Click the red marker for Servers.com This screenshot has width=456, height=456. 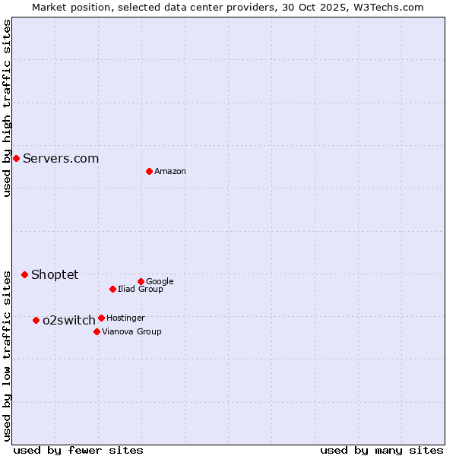16,158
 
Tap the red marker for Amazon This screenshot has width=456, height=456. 149,171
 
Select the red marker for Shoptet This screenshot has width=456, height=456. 24,274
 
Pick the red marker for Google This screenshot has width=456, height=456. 141,281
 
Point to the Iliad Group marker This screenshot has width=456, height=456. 112,289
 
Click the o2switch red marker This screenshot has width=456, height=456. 36,320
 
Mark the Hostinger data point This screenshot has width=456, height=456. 101,318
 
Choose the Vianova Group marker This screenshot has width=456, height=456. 97,331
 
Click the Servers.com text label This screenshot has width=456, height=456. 61,158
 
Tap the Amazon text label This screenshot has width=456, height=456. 170,172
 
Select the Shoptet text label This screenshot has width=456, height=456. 55,274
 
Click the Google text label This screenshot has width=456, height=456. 160,282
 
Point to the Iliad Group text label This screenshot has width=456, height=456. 141,289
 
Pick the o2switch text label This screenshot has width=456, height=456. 69,320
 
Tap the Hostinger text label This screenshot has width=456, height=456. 125,318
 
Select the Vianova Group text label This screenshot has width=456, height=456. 131,331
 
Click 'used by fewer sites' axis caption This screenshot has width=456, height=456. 78,450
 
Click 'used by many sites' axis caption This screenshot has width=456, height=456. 382,450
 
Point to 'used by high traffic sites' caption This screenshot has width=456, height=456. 7,108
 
